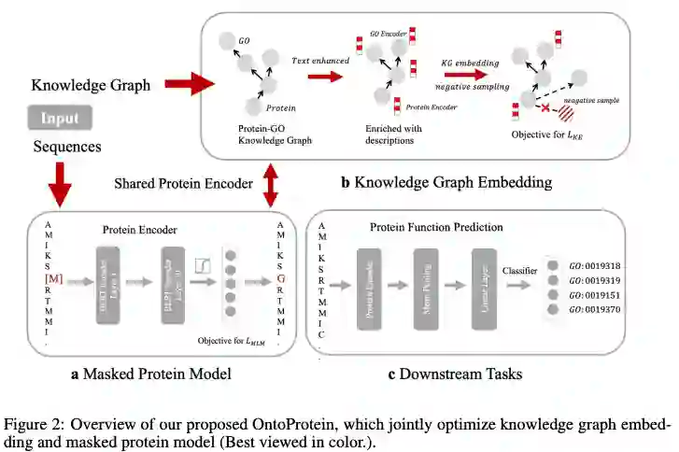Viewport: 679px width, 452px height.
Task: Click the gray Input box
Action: pos(60,119)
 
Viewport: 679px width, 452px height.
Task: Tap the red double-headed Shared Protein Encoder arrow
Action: pos(271,183)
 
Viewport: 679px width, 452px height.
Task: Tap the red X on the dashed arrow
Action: pos(545,109)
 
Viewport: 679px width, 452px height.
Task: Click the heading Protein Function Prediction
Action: pos(436,227)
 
